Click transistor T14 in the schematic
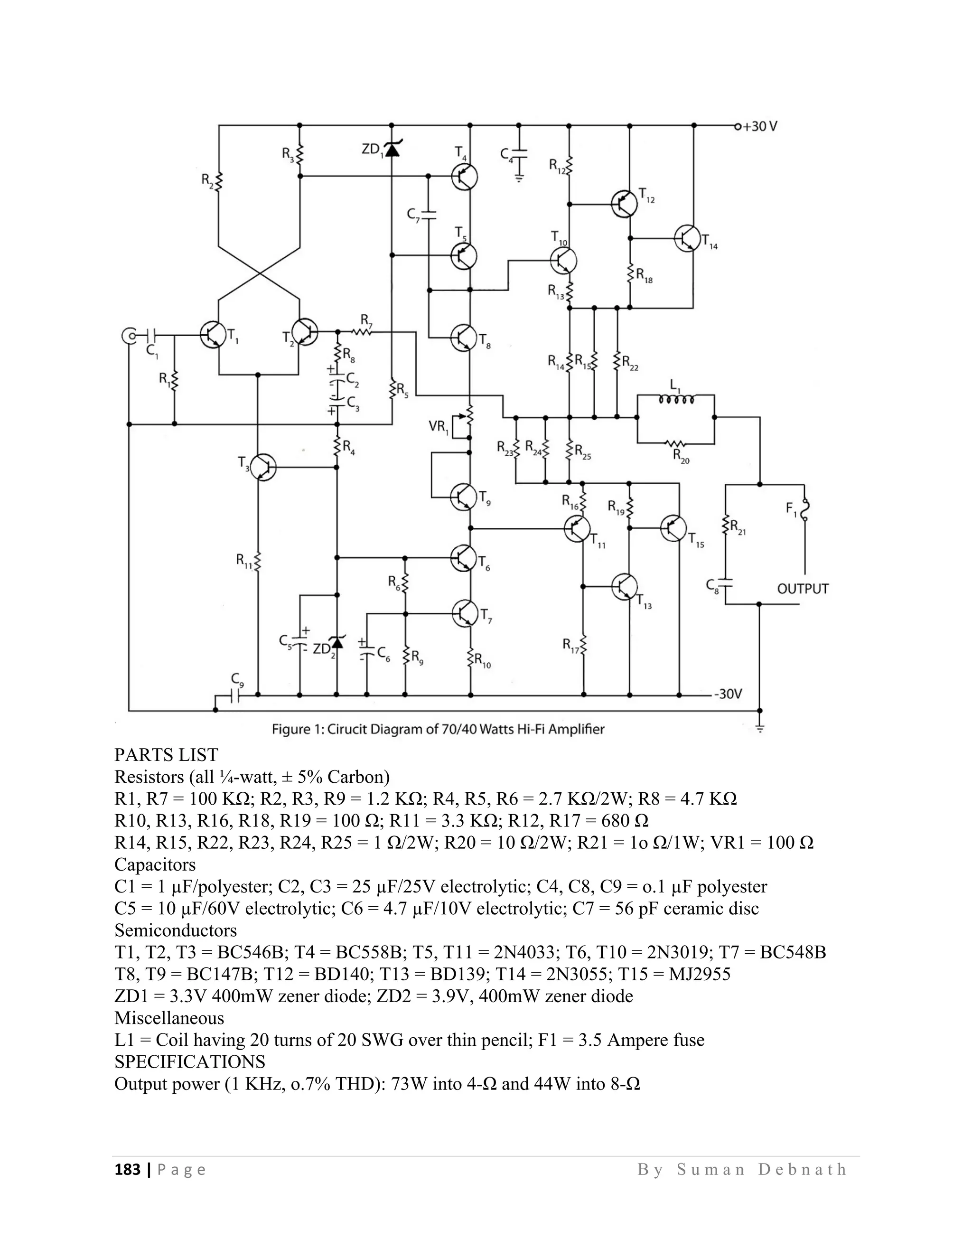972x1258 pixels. point(687,237)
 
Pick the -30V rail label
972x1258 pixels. point(728,694)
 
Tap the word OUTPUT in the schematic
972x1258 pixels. point(802,589)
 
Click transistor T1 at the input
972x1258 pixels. point(213,334)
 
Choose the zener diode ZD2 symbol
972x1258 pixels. point(337,642)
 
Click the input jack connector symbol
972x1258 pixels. point(130,335)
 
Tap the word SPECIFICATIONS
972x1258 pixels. point(189,1061)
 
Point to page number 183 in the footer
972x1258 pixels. point(127,1169)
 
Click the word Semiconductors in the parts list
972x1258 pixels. point(176,930)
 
